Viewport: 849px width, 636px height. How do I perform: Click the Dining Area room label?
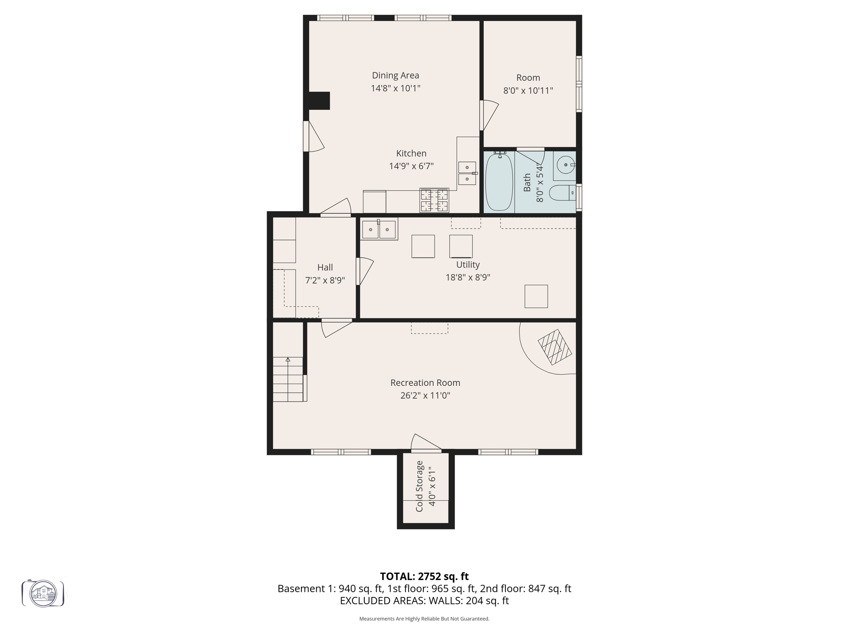pyautogui.click(x=395, y=75)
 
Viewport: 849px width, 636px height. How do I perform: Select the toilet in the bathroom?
pyautogui.click(x=562, y=193)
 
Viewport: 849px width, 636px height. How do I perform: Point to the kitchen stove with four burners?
pyautogui.click(x=434, y=200)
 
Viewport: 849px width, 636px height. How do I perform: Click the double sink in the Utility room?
pyautogui.click(x=379, y=229)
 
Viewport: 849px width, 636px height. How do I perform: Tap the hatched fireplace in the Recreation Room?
pyautogui.click(x=555, y=347)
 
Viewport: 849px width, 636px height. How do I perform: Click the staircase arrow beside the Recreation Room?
pyautogui.click(x=288, y=359)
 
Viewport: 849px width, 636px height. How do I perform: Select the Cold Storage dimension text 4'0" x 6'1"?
pyautogui.click(x=432, y=487)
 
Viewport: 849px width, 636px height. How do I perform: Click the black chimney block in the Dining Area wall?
pyautogui.click(x=318, y=101)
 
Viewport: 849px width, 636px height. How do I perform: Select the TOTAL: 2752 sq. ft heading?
pyautogui.click(x=424, y=576)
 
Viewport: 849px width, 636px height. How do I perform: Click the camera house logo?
pyautogui.click(x=43, y=593)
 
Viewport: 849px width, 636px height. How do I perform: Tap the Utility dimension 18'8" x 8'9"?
pyautogui.click(x=468, y=277)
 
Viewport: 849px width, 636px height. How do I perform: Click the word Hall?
pyautogui.click(x=325, y=267)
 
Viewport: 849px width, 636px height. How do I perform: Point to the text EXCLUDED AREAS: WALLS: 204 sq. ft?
pyautogui.click(x=424, y=601)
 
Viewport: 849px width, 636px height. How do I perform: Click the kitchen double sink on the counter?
pyautogui.click(x=467, y=173)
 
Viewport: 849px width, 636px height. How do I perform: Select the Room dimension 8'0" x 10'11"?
pyautogui.click(x=528, y=90)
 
